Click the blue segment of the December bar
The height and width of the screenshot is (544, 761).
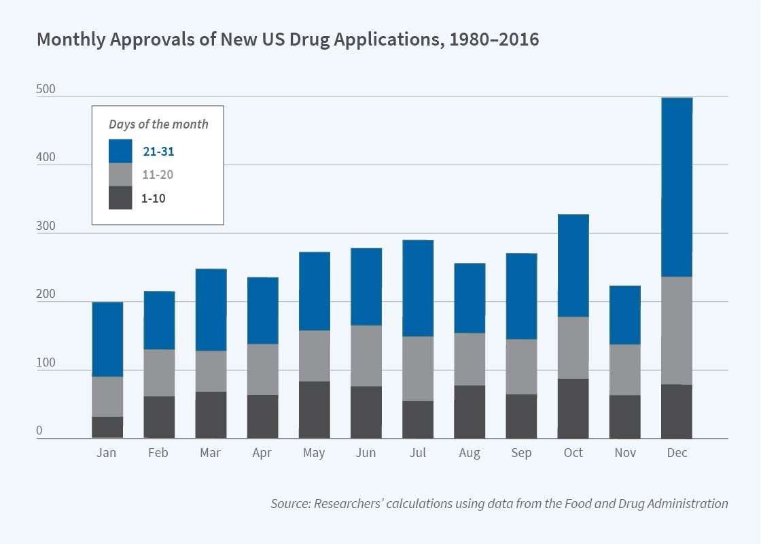pos(676,187)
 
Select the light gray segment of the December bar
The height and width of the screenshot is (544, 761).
pos(676,330)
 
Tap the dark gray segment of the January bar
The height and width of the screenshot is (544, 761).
pos(107,427)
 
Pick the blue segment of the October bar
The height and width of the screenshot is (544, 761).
pos(573,266)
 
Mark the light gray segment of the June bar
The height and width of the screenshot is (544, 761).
pos(366,356)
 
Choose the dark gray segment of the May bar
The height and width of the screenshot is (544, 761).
pos(314,410)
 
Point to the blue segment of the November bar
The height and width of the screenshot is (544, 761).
pos(624,316)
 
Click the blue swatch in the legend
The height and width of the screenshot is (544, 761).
pos(120,151)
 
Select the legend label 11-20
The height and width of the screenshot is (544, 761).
pos(158,175)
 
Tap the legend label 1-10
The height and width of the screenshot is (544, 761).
pos(154,199)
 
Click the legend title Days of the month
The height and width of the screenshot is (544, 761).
pos(158,124)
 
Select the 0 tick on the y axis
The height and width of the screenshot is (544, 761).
pos(39,431)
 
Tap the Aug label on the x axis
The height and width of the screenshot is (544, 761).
pos(470,453)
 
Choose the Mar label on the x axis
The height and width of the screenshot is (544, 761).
pos(211,453)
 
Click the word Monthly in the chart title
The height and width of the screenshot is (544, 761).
pos(71,39)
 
